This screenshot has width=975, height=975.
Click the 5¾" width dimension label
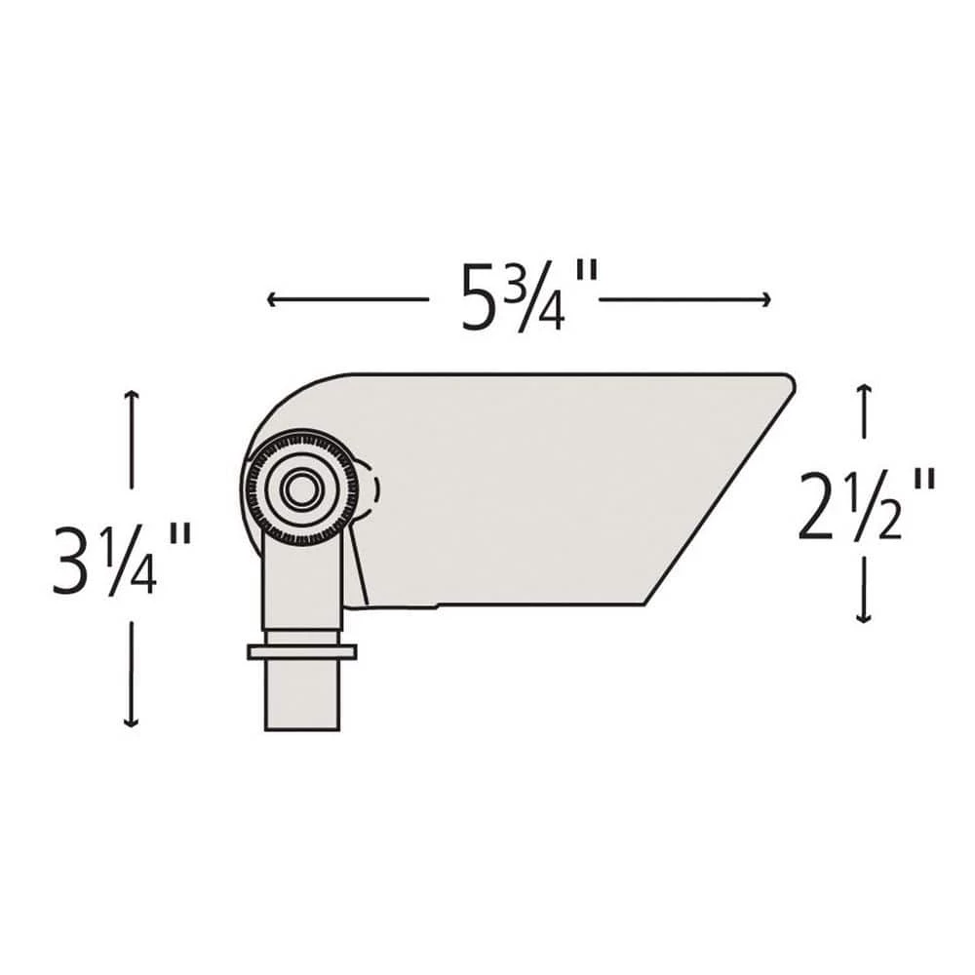pos(517,296)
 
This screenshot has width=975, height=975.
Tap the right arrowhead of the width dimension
pos(767,299)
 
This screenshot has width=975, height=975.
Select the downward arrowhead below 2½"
pos(863,618)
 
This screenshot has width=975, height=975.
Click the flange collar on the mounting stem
pos(301,651)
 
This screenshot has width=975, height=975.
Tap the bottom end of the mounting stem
pos(302,726)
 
